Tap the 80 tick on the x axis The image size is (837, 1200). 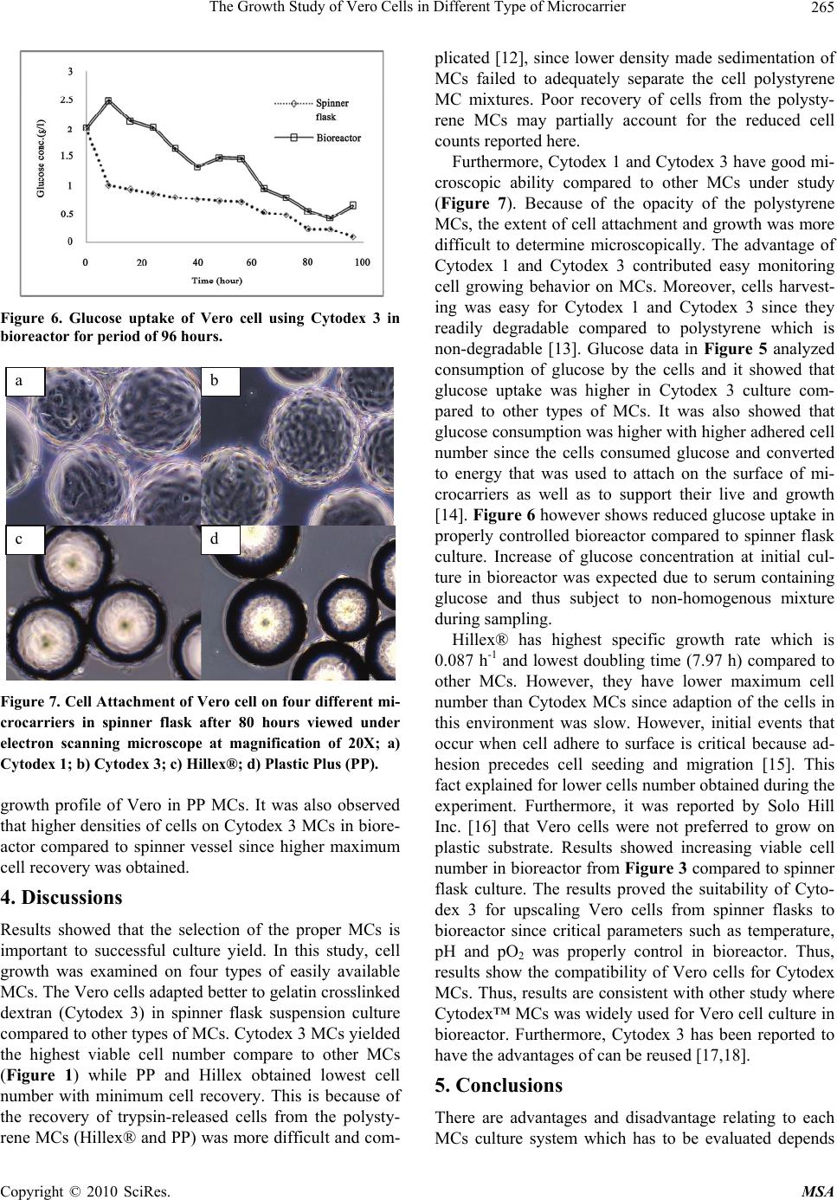coord(308,261)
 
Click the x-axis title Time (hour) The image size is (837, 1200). coord(216,280)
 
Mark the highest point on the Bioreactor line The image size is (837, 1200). coord(108,100)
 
